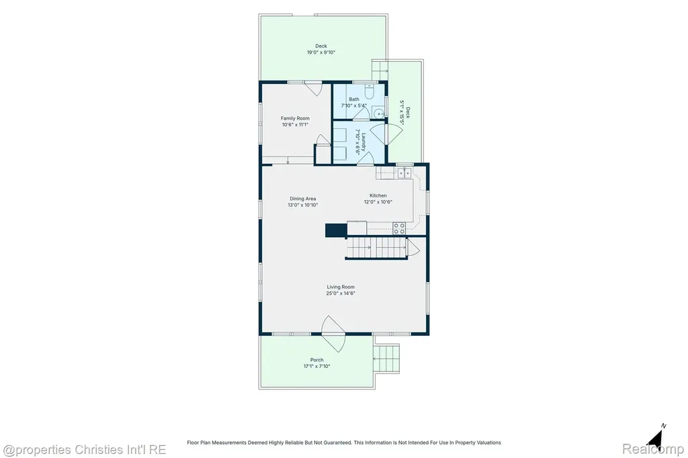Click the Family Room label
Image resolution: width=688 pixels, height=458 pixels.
pos(295,118)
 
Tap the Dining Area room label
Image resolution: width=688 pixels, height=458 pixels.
pos(303,199)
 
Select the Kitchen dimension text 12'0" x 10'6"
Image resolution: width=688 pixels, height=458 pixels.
pos(378,202)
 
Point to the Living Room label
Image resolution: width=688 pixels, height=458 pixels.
pos(341,287)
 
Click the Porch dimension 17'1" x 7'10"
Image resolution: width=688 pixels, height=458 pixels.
pos(317,366)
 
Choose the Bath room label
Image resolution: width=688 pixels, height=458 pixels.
pos(354,99)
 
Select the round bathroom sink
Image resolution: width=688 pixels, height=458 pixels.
pos(379,113)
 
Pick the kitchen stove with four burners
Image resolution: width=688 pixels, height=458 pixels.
pos(399,228)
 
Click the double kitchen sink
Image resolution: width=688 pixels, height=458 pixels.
pos(404,173)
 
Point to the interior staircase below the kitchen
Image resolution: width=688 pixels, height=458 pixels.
pos(378,248)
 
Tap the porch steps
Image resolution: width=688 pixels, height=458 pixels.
pos(386,359)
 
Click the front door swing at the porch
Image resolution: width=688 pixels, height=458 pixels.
pos(333,334)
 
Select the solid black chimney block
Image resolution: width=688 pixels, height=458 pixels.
pos(336,230)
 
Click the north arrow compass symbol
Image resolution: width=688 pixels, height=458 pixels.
pos(656,437)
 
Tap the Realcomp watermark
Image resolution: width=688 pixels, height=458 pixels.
pos(653,449)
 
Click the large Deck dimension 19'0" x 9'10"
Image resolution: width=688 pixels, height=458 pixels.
pos(320,52)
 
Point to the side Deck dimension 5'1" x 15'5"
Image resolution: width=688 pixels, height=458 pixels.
pos(402,113)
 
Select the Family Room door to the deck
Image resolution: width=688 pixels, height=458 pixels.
pos(313,88)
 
